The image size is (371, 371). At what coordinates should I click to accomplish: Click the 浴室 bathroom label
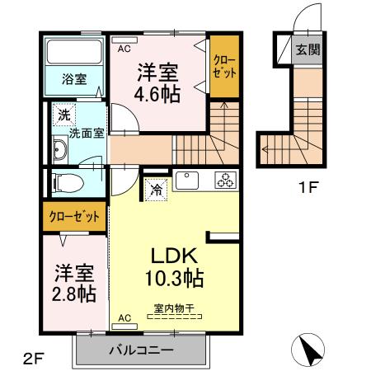point(74,81)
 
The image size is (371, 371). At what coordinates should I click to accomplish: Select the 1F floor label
point(308,187)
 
